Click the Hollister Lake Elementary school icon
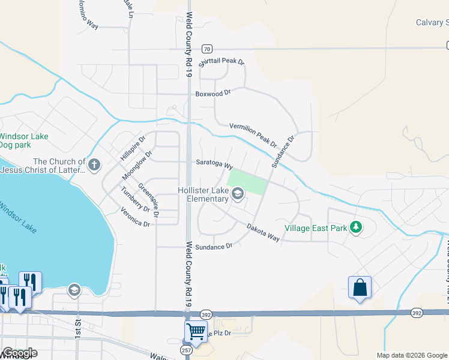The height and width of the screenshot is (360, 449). [238, 193]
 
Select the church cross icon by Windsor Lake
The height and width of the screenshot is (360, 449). [94, 164]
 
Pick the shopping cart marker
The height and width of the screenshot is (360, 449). [196, 330]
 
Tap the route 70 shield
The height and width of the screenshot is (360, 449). [206, 49]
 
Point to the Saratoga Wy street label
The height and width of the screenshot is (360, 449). [214, 163]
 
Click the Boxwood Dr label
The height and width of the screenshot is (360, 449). [212, 94]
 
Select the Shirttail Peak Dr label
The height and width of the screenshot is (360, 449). [222, 62]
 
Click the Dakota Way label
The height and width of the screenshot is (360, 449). [264, 232]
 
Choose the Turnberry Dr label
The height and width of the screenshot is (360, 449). [134, 199]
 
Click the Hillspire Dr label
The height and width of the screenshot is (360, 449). [133, 148]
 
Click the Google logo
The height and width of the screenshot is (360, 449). [20, 353]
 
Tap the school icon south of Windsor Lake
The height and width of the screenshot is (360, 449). [74, 290]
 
